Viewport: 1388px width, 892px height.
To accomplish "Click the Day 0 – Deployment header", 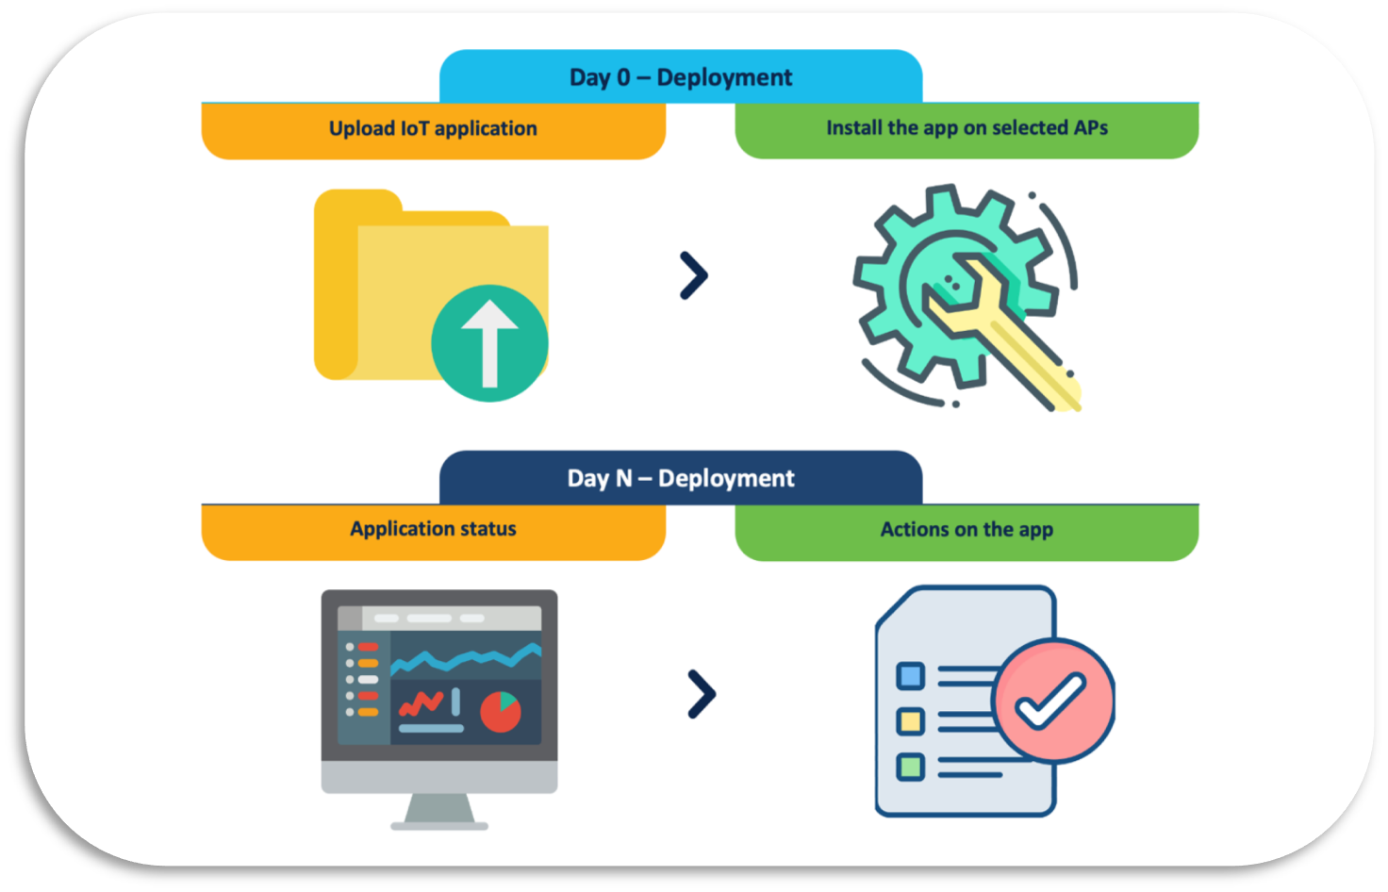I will pos(681,77).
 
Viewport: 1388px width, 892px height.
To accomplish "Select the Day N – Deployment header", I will pos(681,478).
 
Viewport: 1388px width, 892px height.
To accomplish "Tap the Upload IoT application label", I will pos(433,129).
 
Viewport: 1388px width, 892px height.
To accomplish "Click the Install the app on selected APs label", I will pos(967,128).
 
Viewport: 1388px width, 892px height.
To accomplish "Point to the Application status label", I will pos(433,529).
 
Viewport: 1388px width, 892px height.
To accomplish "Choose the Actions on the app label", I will pos(967,530).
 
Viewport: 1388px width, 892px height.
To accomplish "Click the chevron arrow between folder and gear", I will pos(694,276).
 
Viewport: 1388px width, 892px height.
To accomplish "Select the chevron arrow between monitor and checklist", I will pos(702,694).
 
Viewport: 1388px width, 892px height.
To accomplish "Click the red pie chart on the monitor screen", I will pos(500,712).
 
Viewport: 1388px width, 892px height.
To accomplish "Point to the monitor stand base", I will pos(439,825).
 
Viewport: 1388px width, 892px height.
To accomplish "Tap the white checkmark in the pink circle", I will pos(1049,701).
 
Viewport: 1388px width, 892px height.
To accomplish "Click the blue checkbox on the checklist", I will pos(911,676).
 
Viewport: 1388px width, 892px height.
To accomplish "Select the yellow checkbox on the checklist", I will pos(911,721).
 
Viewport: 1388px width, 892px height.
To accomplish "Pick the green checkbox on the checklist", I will pos(911,767).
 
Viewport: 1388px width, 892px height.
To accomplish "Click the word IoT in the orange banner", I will pos(415,129).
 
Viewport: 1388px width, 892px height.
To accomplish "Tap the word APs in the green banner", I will pos(1090,128).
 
